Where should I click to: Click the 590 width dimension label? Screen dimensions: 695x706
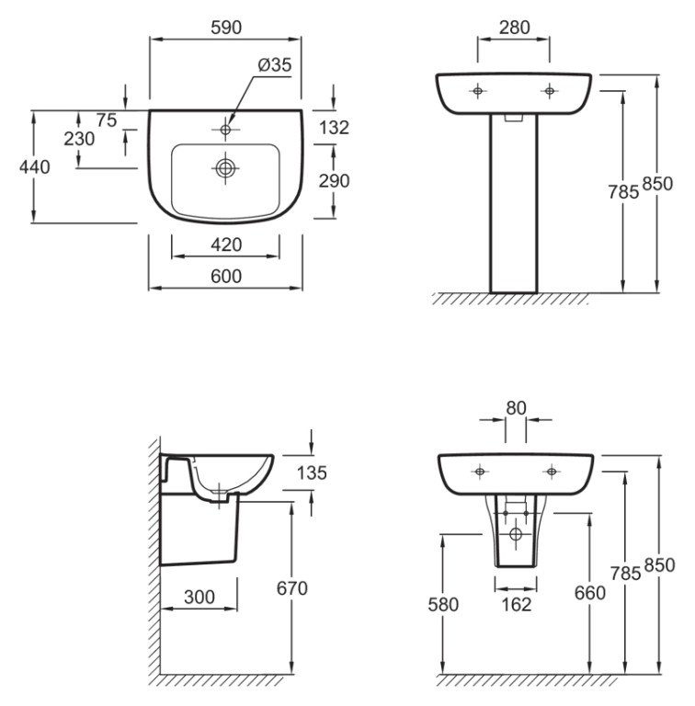pyautogui.click(x=226, y=28)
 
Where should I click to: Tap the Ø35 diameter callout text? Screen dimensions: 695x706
pyautogui.click(x=275, y=65)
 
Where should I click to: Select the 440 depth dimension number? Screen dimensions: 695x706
pyautogui.click(x=35, y=167)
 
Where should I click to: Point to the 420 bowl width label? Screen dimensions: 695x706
pyautogui.click(x=226, y=245)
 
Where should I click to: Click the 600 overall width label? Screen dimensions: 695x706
pyautogui.click(x=226, y=276)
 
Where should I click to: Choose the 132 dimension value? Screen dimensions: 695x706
pyautogui.click(x=334, y=128)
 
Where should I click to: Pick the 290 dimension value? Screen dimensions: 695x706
pyautogui.click(x=334, y=180)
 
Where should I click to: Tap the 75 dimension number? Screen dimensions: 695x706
pyautogui.click(x=107, y=120)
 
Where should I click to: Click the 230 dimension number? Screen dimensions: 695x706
pyautogui.click(x=79, y=139)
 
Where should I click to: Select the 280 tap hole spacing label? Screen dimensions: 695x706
pyautogui.click(x=515, y=28)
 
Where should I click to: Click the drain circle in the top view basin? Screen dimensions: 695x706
pyautogui.click(x=225, y=168)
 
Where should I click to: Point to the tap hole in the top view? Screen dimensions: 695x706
pyautogui.click(x=225, y=130)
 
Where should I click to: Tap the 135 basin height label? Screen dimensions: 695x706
pyautogui.click(x=312, y=473)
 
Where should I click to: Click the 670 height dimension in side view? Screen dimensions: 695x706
pyautogui.click(x=292, y=588)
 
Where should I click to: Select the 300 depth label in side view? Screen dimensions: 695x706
pyautogui.click(x=199, y=597)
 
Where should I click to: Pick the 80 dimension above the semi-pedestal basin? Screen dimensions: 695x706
pyautogui.click(x=516, y=408)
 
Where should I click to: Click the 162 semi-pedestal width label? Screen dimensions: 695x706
pyautogui.click(x=517, y=604)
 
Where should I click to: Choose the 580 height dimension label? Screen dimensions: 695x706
pyautogui.click(x=443, y=604)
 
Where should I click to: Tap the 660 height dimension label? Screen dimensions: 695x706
pyautogui.click(x=589, y=593)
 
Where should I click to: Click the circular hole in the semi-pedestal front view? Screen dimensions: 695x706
pyautogui.click(x=516, y=534)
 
